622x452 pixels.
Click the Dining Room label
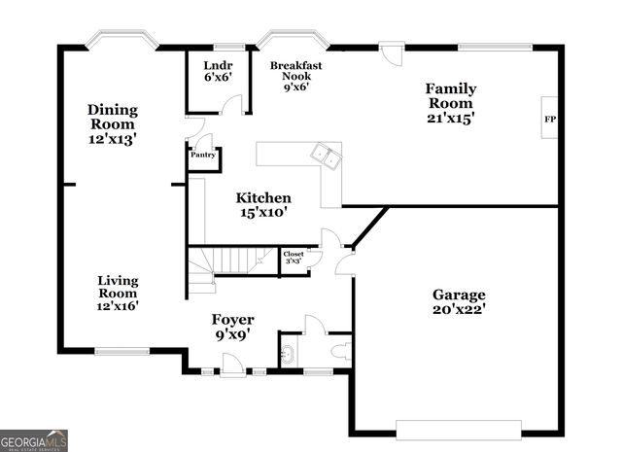click(113, 124)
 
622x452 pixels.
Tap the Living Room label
click(118, 293)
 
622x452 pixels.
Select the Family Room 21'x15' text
click(450, 103)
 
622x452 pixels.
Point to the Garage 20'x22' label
click(460, 302)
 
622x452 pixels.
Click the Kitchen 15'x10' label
click(263, 204)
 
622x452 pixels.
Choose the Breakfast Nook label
click(296, 76)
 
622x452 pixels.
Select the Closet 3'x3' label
click(294, 259)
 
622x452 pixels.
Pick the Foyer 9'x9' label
click(233, 326)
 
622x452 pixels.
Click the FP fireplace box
click(549, 119)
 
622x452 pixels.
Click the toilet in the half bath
click(341, 351)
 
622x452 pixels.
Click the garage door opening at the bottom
click(458, 429)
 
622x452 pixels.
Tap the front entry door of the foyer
click(232, 367)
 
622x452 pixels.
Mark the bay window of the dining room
click(121, 41)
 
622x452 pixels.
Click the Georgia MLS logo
click(34, 440)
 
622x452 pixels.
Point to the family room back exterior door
click(391, 51)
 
